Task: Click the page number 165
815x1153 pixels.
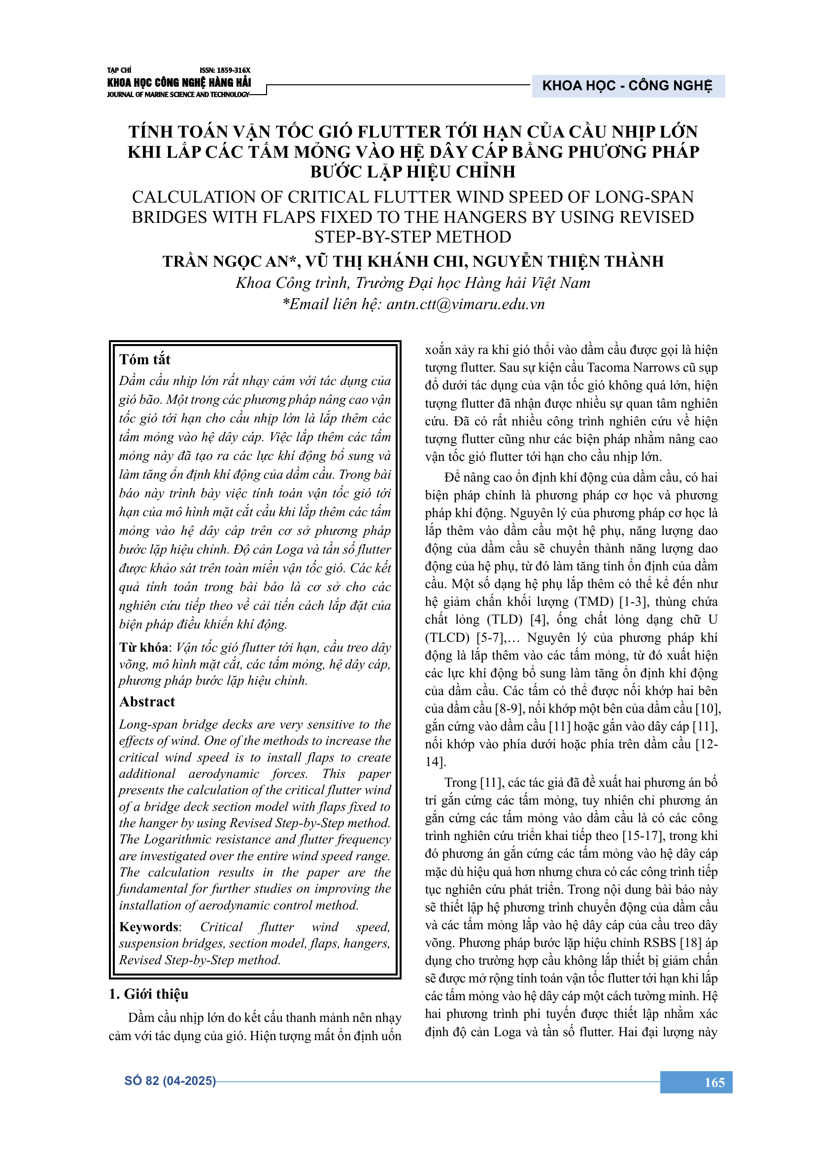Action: click(714, 1082)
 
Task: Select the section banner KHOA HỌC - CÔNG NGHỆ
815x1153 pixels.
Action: click(627, 86)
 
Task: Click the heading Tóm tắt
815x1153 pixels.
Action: click(144, 359)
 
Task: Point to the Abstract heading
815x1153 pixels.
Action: click(147, 701)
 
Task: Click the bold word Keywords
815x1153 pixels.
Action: click(148, 927)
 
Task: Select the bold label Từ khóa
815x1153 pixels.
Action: click(143, 647)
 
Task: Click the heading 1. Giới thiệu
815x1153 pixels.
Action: click(148, 994)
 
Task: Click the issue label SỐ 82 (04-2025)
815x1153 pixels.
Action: click(170, 1081)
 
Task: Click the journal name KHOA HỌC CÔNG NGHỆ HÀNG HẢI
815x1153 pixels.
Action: click(179, 83)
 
